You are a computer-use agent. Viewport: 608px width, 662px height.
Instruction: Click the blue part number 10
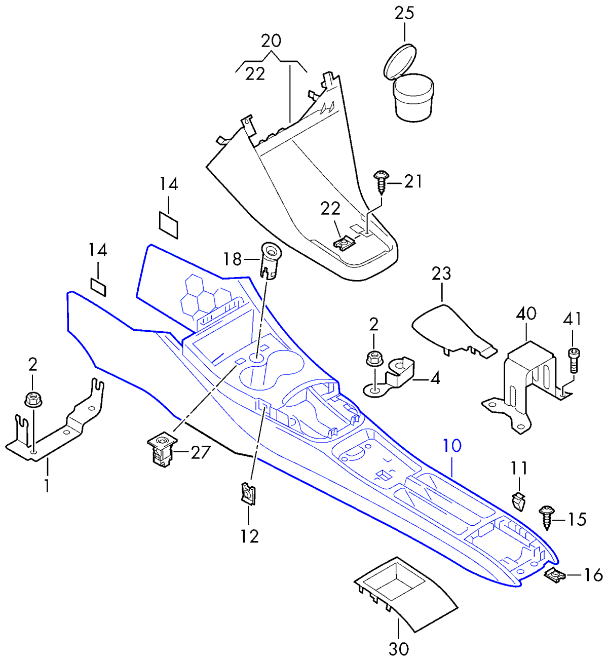tap(452, 446)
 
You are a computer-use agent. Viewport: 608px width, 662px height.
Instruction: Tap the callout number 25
tap(404, 14)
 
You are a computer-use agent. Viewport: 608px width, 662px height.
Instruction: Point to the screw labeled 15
tap(547, 518)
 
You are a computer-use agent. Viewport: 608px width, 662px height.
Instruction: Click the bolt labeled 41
tap(574, 361)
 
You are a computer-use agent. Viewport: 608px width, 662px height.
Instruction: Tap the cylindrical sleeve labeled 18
tap(271, 261)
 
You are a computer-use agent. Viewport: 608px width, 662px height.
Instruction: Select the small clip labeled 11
tap(518, 501)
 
